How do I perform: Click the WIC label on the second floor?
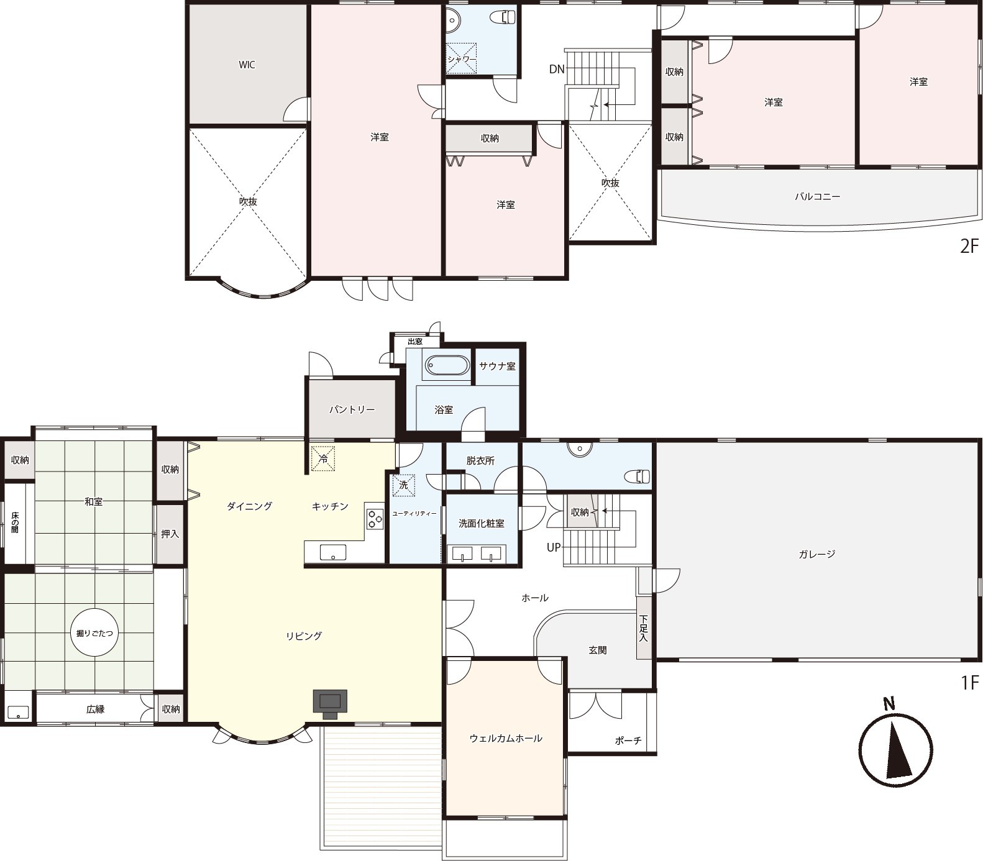tap(247, 65)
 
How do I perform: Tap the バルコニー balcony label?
tap(817, 196)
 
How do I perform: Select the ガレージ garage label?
tap(816, 553)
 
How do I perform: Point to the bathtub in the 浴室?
tap(447, 365)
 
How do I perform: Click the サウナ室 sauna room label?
tap(497, 366)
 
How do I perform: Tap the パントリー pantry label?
tap(352, 410)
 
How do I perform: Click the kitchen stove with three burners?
tap(374, 518)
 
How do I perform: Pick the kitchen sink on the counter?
tap(333, 552)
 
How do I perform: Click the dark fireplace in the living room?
tap(329, 703)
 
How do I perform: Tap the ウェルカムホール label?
tap(506, 738)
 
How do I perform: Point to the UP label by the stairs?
tap(554, 547)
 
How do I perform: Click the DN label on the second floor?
tap(557, 69)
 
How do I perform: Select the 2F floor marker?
tap(969, 247)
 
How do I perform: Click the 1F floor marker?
tap(970, 683)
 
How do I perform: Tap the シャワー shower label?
tap(462, 59)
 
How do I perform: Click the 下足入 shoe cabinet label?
tap(644, 628)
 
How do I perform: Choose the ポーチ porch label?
tap(628, 740)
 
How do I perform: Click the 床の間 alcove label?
tap(14, 522)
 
